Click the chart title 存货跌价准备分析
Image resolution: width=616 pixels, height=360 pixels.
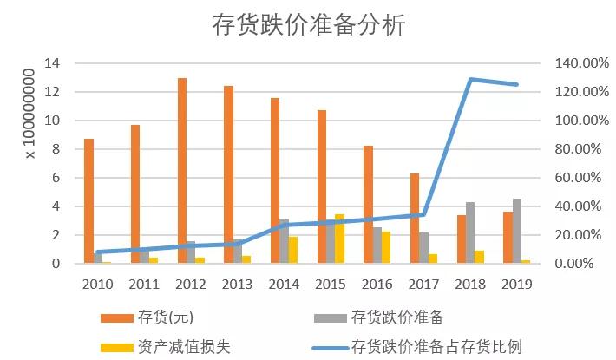tap(308, 25)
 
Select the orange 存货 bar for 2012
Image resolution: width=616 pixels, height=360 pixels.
tap(182, 171)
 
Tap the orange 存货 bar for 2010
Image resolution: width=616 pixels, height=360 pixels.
tap(88, 201)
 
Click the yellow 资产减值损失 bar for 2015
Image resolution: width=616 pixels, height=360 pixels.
tap(339, 239)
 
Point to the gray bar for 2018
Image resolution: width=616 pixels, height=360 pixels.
tap(471, 232)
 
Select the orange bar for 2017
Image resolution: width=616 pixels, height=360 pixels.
tap(415, 219)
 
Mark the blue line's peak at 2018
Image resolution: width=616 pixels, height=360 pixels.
tap(471, 80)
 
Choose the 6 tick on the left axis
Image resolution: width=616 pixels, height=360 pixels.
tap(56, 178)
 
